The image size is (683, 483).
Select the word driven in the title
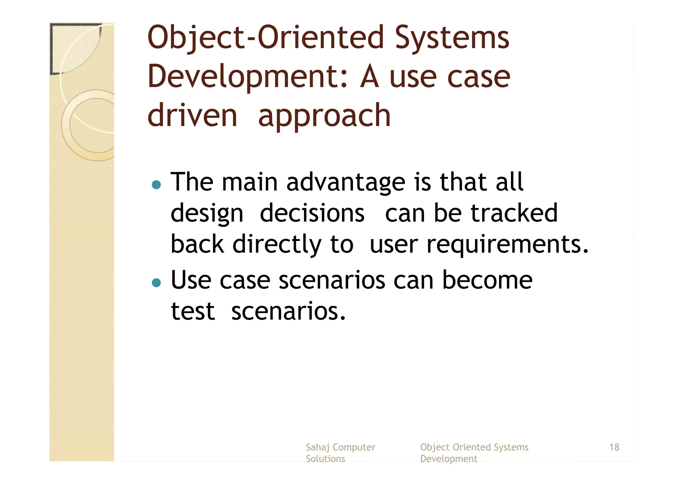[x=192, y=115]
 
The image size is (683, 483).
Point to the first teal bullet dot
[x=156, y=185]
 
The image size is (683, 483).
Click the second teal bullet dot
[x=156, y=283]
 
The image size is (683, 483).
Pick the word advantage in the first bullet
[x=346, y=183]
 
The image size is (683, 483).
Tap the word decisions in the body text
[x=312, y=214]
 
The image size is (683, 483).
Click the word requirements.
[x=507, y=245]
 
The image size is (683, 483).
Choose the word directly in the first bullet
[x=276, y=245]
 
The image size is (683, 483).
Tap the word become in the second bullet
[x=487, y=280]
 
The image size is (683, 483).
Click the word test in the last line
[x=192, y=311]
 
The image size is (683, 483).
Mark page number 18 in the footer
[x=614, y=447]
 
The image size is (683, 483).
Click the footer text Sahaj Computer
[x=340, y=447]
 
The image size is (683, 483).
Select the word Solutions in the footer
[x=325, y=459]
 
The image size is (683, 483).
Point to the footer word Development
[x=448, y=459]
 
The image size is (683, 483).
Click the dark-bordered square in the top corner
[x=75, y=48]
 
